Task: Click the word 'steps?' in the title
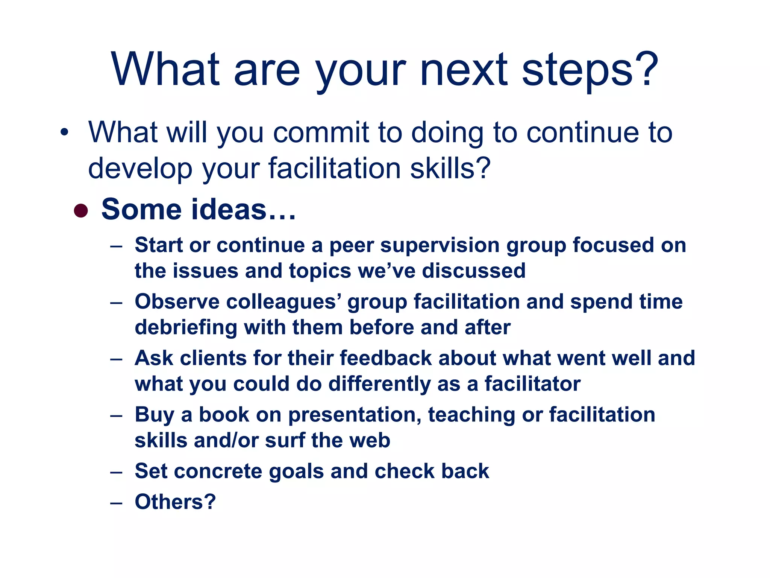[590, 70]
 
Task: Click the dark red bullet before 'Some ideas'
[81, 211]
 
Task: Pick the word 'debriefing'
[186, 327]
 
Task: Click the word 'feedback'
[386, 358]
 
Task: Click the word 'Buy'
[154, 415]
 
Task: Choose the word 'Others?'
[175, 502]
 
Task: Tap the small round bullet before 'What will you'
[65, 132]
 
